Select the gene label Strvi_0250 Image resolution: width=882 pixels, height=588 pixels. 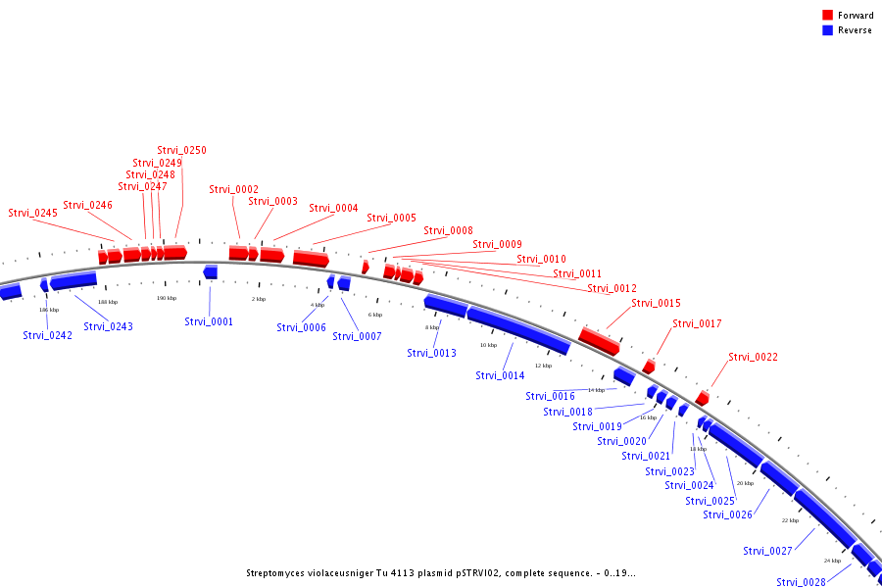point(181,150)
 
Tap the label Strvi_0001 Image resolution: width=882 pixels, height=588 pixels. point(209,321)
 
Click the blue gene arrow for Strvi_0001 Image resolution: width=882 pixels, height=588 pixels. point(211,271)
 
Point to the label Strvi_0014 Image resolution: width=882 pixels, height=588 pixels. point(500,375)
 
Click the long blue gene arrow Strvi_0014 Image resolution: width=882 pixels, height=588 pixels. point(518,329)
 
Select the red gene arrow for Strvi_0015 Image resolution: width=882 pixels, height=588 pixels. point(599,341)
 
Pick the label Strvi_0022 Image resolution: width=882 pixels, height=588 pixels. point(753,357)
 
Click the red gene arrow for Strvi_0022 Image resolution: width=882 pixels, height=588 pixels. point(703,398)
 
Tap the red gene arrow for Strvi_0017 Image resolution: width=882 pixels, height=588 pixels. point(649,367)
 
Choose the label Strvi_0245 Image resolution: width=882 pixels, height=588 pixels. point(32,213)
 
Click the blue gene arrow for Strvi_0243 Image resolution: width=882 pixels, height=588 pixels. point(73,281)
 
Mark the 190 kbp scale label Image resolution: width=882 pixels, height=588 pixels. point(167,298)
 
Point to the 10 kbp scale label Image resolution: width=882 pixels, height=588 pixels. point(488,345)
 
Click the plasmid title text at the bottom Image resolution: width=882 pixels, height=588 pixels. point(441,572)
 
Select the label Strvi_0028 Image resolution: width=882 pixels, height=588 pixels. point(801,582)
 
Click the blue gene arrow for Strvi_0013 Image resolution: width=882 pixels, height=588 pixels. point(445,305)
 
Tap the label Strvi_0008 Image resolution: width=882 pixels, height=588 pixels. point(448,231)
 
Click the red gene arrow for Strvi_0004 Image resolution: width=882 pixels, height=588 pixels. point(311,259)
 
